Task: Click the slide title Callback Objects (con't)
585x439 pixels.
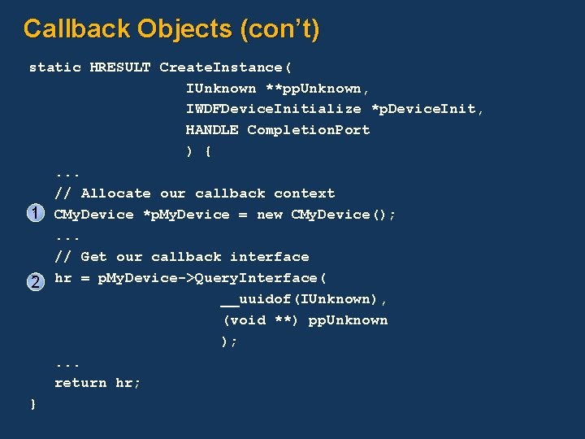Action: pos(171,29)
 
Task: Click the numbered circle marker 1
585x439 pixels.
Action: pos(35,215)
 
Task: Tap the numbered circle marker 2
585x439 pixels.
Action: pos(35,281)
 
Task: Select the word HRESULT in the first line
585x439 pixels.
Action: pos(119,67)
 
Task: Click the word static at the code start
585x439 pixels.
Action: pos(54,67)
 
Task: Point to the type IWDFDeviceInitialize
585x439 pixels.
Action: pos(274,109)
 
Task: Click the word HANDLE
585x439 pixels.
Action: pos(212,130)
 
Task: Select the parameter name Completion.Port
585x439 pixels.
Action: pos(309,130)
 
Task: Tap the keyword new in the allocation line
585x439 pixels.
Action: pos(269,215)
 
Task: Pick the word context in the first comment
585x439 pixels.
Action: pos(304,193)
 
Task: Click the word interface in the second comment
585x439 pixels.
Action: pos(269,257)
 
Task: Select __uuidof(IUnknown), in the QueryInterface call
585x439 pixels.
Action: pos(304,299)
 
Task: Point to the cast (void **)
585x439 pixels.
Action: pos(260,320)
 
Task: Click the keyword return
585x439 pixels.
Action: pos(80,383)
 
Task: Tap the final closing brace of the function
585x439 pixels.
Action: pos(32,404)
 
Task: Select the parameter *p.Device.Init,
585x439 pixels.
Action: pos(427,109)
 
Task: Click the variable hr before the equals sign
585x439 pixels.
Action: pos(63,278)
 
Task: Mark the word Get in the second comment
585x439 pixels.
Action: pos(93,257)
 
